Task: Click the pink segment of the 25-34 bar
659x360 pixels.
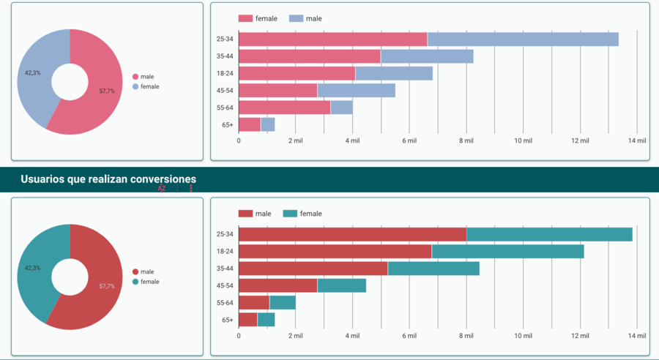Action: (x=333, y=40)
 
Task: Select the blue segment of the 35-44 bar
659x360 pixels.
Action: (x=427, y=56)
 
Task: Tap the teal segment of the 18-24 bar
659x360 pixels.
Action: (x=507, y=251)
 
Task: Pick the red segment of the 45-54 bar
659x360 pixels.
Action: (x=278, y=285)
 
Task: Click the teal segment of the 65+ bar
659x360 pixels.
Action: (x=266, y=320)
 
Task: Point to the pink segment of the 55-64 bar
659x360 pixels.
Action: (x=284, y=108)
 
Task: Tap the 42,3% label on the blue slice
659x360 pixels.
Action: (x=33, y=73)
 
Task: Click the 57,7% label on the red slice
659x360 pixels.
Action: (x=107, y=286)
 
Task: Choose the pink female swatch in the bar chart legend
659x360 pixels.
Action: (x=245, y=18)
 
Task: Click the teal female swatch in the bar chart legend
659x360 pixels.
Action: (x=290, y=214)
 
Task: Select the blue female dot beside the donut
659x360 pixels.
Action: (x=135, y=87)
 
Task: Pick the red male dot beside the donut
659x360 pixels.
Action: (x=135, y=271)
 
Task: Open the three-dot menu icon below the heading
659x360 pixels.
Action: (x=191, y=189)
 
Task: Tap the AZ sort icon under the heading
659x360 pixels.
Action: (x=162, y=189)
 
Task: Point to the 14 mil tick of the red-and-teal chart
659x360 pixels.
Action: (x=637, y=336)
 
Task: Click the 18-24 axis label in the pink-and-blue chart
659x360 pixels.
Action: (x=224, y=73)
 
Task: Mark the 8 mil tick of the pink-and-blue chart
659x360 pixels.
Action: (x=466, y=140)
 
